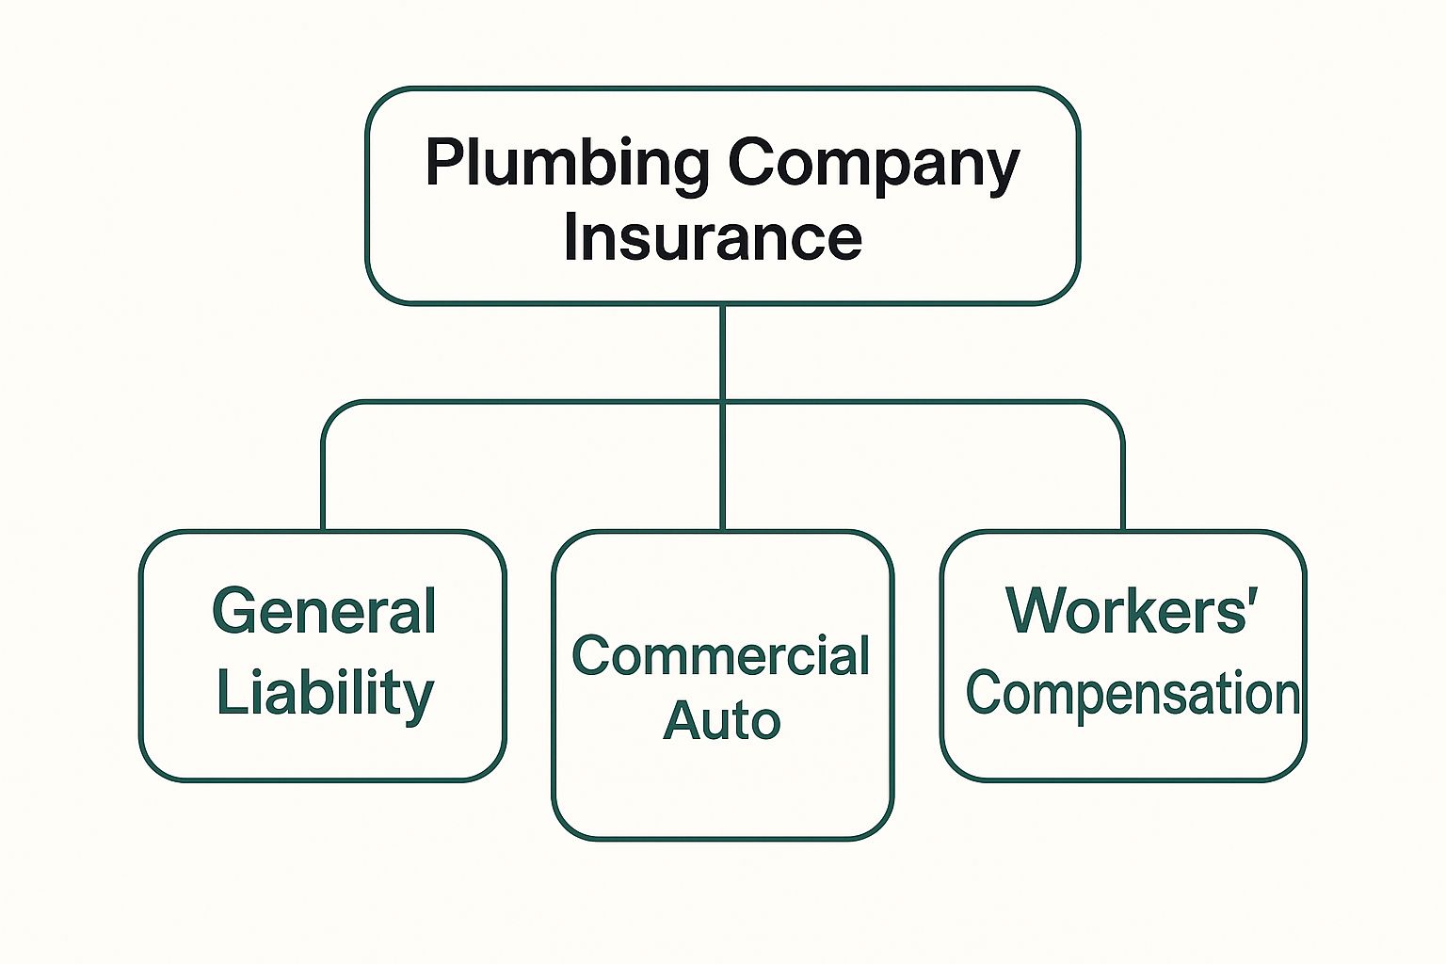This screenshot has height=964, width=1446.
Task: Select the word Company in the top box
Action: coord(874,164)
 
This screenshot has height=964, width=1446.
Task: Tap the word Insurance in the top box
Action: coord(713,237)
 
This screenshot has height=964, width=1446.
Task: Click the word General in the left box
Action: coord(324,612)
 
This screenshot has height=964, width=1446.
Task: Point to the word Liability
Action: coord(325,695)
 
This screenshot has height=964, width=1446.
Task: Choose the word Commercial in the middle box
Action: coord(721,656)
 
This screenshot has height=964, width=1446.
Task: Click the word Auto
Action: coord(721,721)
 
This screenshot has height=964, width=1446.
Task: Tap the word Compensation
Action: coord(1133,695)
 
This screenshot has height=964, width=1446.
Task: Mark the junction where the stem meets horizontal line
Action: coord(722,402)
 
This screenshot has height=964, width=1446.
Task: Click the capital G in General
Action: coord(234,612)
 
